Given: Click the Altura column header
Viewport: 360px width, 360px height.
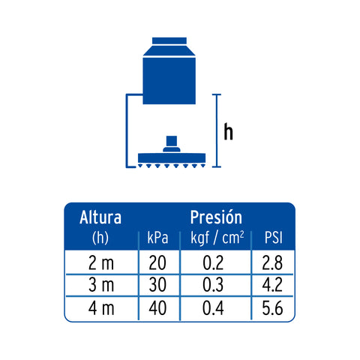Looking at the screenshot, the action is coord(100,217).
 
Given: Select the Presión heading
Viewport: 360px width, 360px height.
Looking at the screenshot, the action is coord(216,217).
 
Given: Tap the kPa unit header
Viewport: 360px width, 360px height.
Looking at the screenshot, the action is coord(157,238).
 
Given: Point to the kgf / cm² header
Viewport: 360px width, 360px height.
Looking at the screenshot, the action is coord(217,238).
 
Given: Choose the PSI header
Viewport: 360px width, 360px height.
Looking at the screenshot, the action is coord(274,238).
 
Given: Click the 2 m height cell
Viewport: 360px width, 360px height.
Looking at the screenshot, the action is coord(101,263).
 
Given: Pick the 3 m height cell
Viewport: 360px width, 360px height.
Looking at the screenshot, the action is coord(101,285).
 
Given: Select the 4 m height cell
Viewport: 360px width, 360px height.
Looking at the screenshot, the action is coord(101,307).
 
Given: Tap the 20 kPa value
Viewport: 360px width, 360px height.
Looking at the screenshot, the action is coord(157,263).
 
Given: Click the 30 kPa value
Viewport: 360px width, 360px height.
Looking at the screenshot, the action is coord(157,285).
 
